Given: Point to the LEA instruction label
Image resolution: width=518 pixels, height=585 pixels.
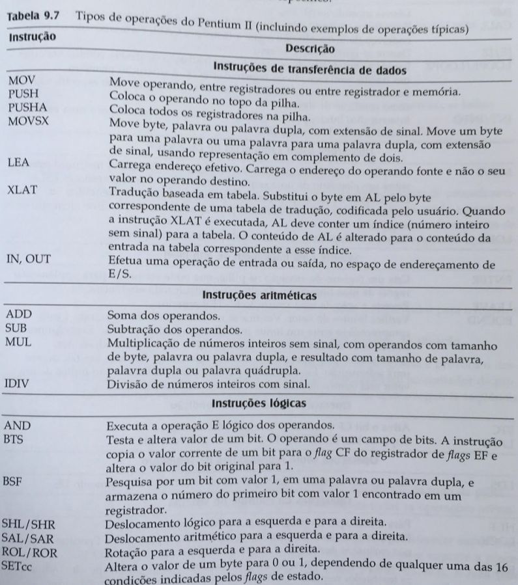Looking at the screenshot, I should tap(16, 164).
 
